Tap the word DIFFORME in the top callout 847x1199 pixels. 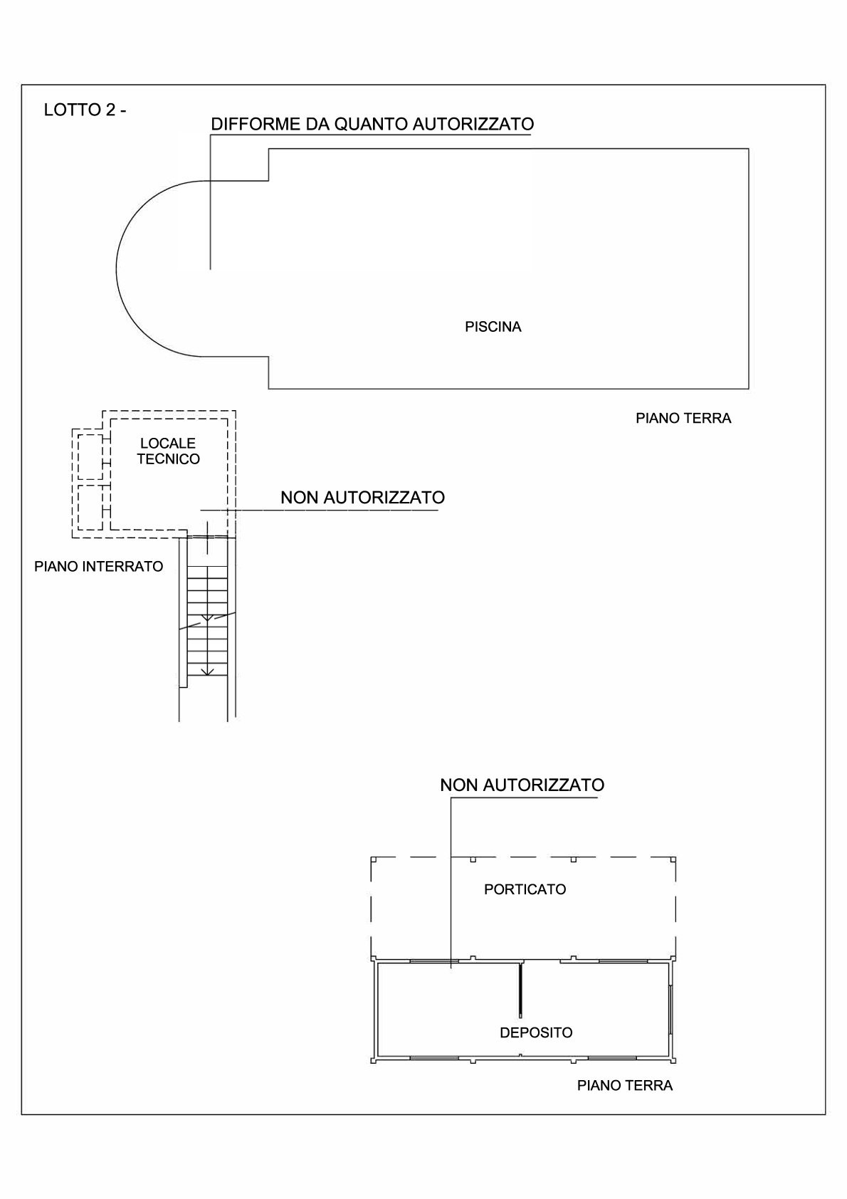pyautogui.click(x=256, y=124)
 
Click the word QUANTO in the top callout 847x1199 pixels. pyautogui.click(x=369, y=124)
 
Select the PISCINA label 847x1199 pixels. pyautogui.click(x=493, y=327)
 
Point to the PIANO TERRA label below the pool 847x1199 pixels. pyautogui.click(x=683, y=418)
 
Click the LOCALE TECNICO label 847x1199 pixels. pyautogui.click(x=168, y=451)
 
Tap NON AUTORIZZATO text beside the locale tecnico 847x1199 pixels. pyautogui.click(x=363, y=497)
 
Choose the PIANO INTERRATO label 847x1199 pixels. pyautogui.click(x=98, y=566)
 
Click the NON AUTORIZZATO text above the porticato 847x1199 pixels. pyautogui.click(x=522, y=785)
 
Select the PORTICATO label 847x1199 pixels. pyautogui.click(x=525, y=889)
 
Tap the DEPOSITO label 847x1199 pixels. pyautogui.click(x=536, y=1032)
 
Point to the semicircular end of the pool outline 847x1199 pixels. pyautogui.click(x=116, y=268)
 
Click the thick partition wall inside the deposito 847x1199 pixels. pyautogui.click(x=520, y=989)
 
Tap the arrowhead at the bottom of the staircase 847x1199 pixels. pyautogui.click(x=208, y=671)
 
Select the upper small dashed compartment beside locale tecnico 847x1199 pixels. pyautogui.click(x=90, y=456)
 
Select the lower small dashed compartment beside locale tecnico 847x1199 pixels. pyautogui.click(x=90, y=507)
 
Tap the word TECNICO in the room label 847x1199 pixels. pyautogui.click(x=168, y=459)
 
